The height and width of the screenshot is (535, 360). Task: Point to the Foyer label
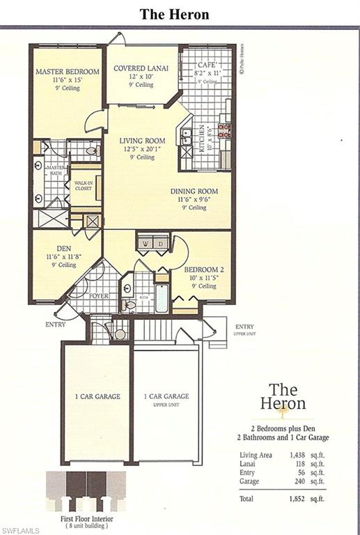(x=99, y=296)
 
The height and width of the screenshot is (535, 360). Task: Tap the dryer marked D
(x=161, y=245)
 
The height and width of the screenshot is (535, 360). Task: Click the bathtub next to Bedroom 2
(x=161, y=297)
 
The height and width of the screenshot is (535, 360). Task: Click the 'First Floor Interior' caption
(x=86, y=519)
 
